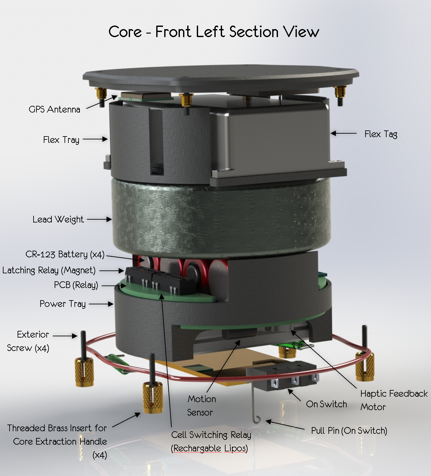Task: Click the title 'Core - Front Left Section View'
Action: pyautogui.click(x=214, y=32)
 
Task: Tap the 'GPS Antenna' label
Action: pyautogui.click(x=55, y=109)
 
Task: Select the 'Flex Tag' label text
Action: pyautogui.click(x=381, y=134)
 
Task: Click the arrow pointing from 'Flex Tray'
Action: pyautogui.click(x=95, y=139)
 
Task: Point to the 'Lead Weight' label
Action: pyautogui.click(x=58, y=220)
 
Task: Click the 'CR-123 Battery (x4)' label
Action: pyautogui.click(x=65, y=254)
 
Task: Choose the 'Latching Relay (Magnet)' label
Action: pyautogui.click(x=49, y=270)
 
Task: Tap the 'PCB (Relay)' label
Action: pyautogui.click(x=76, y=285)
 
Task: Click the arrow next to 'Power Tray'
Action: pyautogui.click(x=101, y=304)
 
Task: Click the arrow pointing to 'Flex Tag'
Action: pyautogui.click(x=343, y=133)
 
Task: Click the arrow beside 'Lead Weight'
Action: pyautogui.click(x=99, y=219)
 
